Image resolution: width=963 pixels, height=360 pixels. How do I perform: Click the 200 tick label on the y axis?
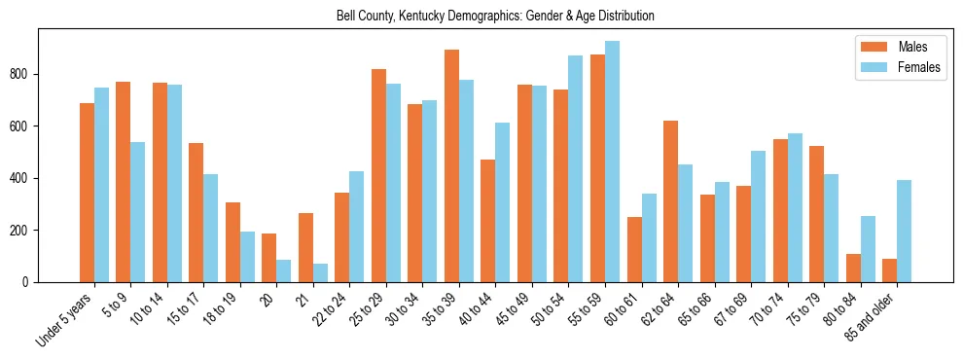23,231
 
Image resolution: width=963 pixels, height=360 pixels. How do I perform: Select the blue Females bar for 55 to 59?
612,162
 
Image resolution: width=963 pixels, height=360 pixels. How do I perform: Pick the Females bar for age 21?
320,272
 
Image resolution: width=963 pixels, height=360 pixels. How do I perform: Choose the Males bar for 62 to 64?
670,201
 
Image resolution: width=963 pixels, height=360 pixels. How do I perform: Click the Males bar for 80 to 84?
853,268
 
